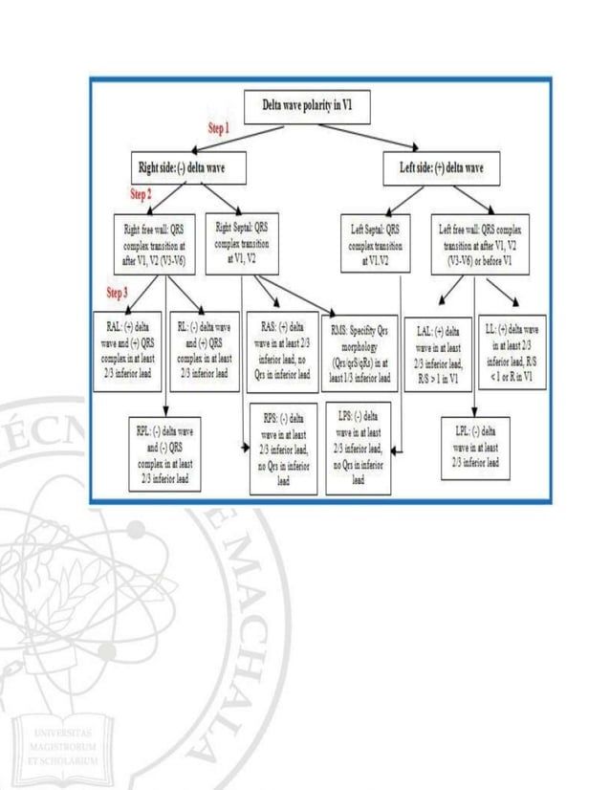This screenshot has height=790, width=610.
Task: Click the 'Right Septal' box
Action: click(x=243, y=236)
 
